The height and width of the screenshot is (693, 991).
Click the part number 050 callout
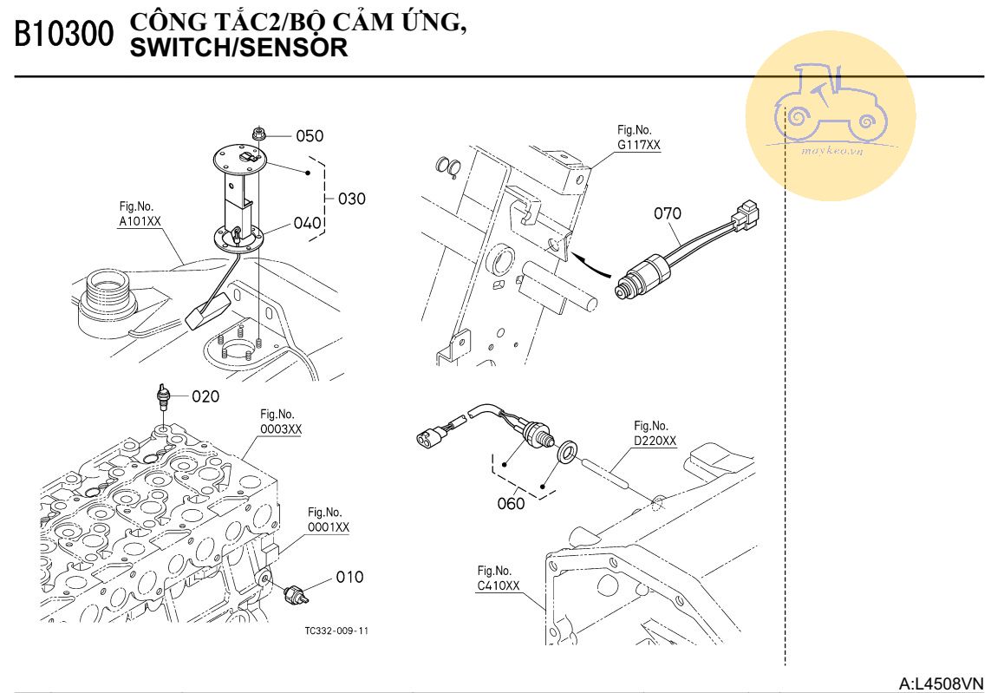coord(310,136)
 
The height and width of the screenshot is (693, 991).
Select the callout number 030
coord(351,199)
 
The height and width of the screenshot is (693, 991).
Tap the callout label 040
coord(308,223)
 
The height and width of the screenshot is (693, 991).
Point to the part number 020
coord(205,396)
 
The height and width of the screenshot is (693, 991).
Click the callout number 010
coord(349,578)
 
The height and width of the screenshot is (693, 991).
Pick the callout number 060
coord(511,503)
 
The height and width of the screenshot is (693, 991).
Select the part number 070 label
coord(668,213)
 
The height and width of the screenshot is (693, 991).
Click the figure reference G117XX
coord(639,146)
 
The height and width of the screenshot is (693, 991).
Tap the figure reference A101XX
coord(140,221)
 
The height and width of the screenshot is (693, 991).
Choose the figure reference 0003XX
coord(281,429)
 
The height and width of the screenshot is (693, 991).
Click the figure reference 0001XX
coord(329,526)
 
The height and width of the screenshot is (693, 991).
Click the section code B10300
coord(63,35)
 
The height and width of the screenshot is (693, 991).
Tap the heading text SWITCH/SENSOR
coord(238,49)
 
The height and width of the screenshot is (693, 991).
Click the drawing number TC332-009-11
coord(336,631)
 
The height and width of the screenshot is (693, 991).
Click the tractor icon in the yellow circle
coord(830,101)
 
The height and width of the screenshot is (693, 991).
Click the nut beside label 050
coord(258,134)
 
